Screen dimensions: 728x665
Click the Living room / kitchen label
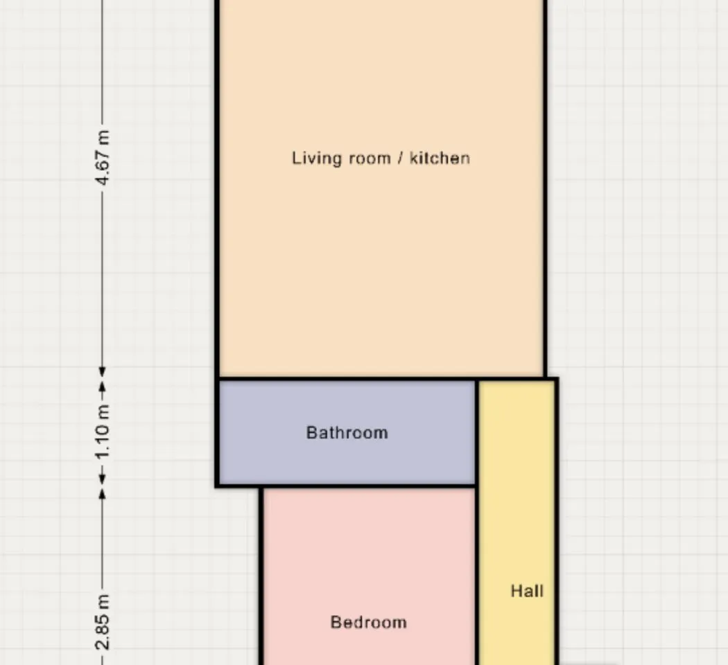coord(381,158)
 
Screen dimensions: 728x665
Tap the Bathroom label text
coord(347,433)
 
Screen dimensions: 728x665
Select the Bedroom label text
coord(369,622)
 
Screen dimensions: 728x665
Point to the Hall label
coord(527,591)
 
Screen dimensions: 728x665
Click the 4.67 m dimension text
coord(103,158)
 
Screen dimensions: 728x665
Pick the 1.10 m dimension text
coord(103,432)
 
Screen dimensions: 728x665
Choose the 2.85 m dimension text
coord(103,622)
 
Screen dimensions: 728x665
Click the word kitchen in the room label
coord(440,158)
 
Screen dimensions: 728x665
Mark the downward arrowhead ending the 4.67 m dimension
coord(103,371)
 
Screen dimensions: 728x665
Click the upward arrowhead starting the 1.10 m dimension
coord(103,387)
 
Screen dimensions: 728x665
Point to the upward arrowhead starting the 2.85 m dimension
coord(103,495)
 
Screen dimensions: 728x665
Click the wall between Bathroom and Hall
coord(477,433)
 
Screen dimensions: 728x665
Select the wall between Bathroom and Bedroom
coord(367,486)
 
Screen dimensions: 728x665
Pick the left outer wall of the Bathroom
coord(217,433)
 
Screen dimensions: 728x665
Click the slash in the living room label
coord(400,158)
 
